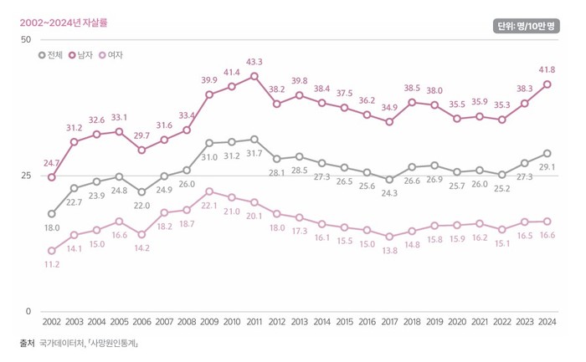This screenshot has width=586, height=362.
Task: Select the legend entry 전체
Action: (x=51, y=55)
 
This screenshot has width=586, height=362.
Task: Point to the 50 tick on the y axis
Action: (x=24, y=40)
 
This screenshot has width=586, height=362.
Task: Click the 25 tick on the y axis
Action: (x=24, y=176)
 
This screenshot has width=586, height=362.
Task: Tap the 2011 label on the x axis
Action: (x=254, y=322)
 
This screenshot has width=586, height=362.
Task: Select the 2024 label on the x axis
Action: (x=547, y=322)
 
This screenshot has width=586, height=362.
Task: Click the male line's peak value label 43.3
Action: (x=254, y=62)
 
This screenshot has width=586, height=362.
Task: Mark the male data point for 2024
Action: (x=547, y=84)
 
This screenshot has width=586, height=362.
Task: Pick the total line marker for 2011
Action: (x=254, y=139)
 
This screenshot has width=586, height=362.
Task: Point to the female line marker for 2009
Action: (x=209, y=191)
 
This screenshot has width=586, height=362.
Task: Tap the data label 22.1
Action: (x=209, y=205)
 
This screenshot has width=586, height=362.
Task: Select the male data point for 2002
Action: (x=52, y=177)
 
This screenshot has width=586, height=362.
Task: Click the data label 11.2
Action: (x=52, y=264)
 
